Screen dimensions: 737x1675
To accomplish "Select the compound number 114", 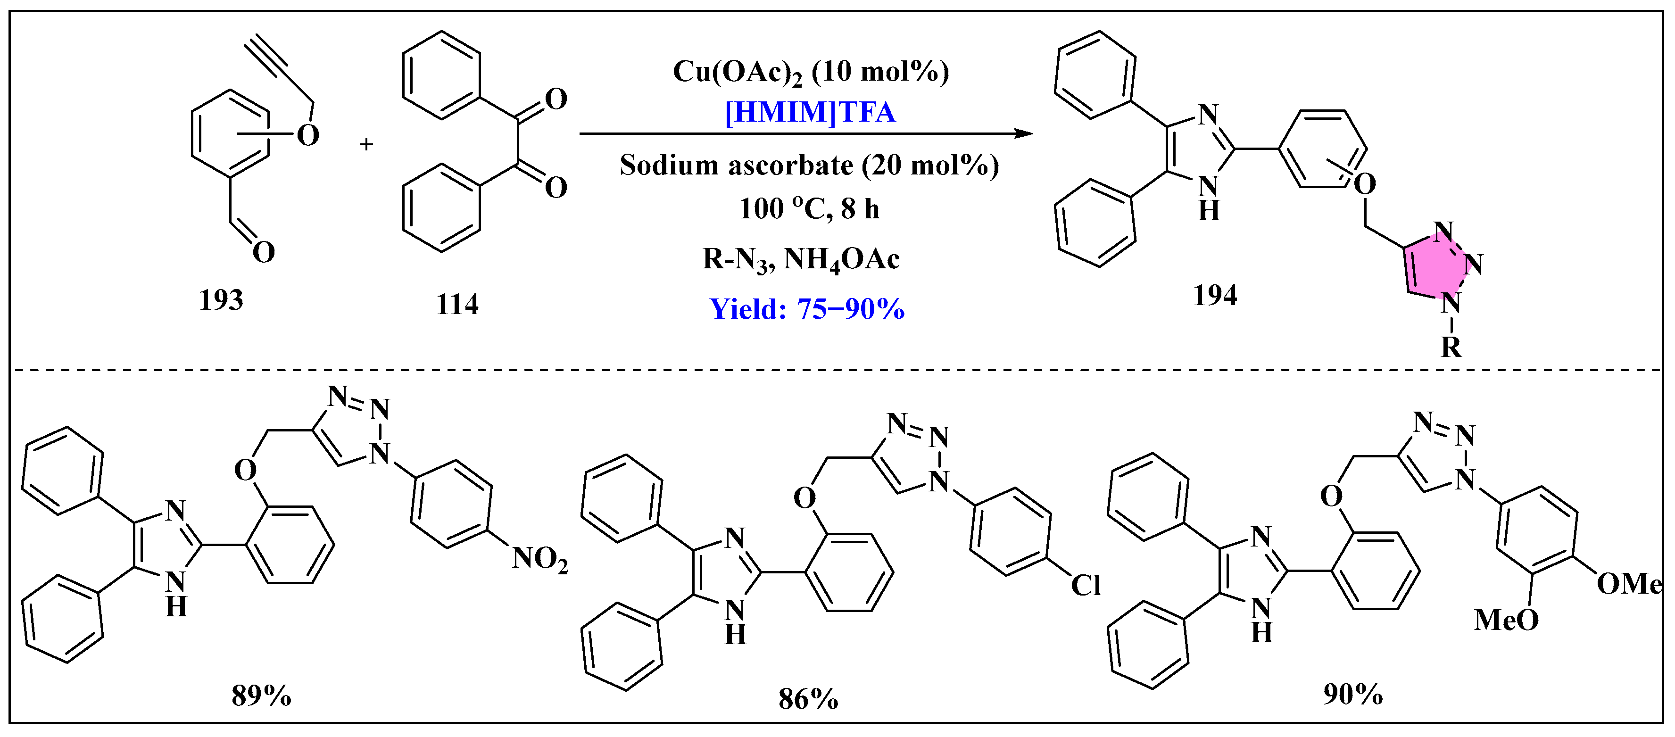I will click(457, 304).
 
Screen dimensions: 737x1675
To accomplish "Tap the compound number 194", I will click(1215, 295).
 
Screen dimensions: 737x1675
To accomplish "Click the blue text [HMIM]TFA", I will click(810, 112).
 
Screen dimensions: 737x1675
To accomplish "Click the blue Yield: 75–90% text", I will click(807, 309).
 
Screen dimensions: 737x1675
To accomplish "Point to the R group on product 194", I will click(1451, 347).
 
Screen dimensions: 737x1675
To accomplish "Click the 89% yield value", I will click(261, 696).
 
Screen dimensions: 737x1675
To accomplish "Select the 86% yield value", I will click(808, 699).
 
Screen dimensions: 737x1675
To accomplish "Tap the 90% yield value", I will click(1353, 694).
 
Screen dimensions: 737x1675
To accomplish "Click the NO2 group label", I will click(539, 559).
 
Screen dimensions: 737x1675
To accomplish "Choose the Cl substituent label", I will click(1085, 586).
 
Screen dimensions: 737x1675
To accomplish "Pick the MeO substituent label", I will click(1506, 620).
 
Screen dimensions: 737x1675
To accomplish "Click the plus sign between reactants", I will click(367, 144).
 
